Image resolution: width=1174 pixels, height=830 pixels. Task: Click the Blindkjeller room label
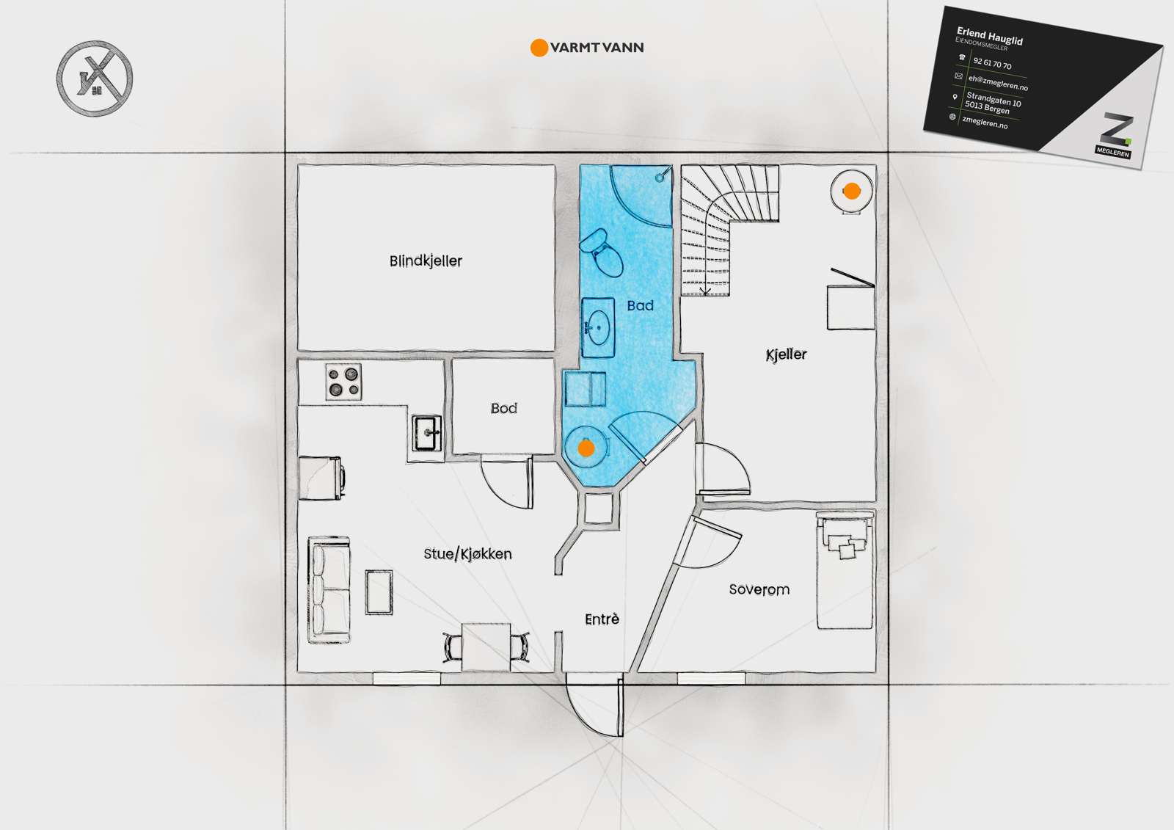click(426, 261)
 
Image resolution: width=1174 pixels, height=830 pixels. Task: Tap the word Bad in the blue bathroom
click(640, 305)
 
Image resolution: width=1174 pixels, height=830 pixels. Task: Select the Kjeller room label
click(786, 355)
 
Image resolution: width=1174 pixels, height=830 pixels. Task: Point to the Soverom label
click(759, 589)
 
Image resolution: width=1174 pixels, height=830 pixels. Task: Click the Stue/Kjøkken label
click(467, 553)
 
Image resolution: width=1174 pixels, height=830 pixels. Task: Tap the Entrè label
click(602, 619)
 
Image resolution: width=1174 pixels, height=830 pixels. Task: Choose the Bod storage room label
click(503, 408)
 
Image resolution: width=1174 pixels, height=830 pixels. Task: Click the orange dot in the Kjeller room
click(852, 192)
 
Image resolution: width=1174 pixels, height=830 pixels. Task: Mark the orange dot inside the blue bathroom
click(586, 448)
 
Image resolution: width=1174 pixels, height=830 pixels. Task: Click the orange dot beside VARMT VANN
click(539, 48)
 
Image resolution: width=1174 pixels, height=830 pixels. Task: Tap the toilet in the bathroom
click(602, 252)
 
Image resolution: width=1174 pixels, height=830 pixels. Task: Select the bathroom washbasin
click(598, 328)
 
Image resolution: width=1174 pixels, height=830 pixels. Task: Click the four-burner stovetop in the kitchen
click(344, 382)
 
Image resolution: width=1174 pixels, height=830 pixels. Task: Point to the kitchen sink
click(426, 433)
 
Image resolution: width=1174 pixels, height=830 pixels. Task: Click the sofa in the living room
click(329, 589)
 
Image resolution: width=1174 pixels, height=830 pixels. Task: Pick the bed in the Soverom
click(845, 570)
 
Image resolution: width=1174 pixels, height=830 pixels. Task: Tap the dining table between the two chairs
click(486, 647)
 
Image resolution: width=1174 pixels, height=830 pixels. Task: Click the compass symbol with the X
click(95, 78)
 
